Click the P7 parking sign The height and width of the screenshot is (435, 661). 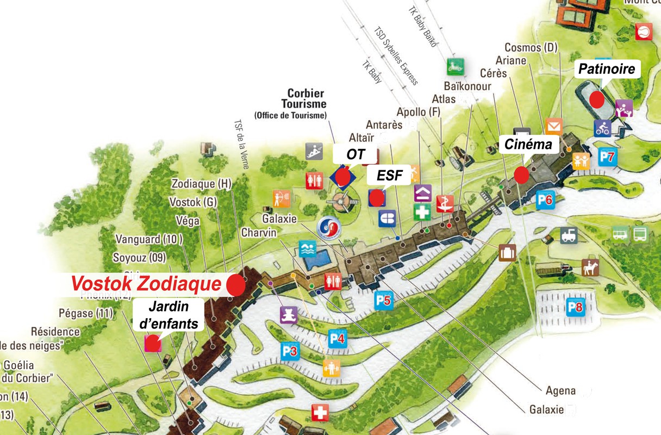coord(608,158)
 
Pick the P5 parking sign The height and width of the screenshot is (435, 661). coord(383,300)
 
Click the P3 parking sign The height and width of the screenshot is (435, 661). coord(290,351)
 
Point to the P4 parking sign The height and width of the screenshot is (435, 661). coord(337,339)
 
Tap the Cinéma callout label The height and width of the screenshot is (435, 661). coord(528,145)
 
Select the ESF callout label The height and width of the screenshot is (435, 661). coord(388,176)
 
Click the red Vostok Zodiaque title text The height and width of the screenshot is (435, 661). coord(147,284)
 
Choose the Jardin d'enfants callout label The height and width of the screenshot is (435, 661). coord(168,315)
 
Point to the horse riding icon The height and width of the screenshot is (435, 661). coord(590,267)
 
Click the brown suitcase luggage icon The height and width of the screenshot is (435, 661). coord(507,253)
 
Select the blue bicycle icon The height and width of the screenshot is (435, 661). coord(602,128)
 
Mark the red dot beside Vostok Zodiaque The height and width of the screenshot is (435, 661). coord(235,284)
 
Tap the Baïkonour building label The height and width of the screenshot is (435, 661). coord(467,86)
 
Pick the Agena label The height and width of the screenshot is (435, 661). coord(560,390)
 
